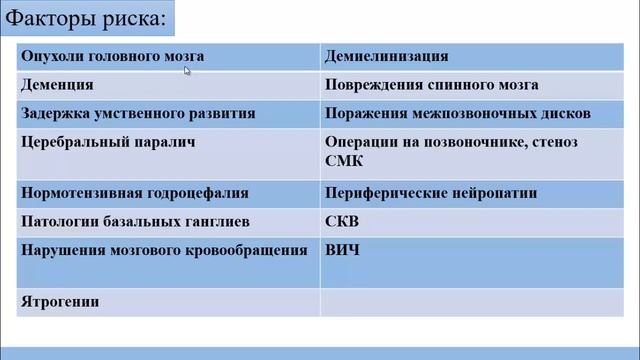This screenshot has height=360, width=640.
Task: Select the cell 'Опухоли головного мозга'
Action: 99,57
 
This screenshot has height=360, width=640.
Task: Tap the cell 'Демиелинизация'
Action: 386,57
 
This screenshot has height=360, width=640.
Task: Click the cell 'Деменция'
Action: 58,86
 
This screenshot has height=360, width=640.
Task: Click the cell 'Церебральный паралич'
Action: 107,142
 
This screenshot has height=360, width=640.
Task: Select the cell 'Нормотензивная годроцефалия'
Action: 134,193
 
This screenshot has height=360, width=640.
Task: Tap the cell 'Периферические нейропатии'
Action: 431,193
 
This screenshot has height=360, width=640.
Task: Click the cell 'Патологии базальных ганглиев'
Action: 128,221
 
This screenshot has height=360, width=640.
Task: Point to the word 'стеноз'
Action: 555,142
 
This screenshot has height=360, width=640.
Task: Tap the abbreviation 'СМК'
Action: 344,160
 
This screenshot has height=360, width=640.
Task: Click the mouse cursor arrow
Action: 187,70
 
